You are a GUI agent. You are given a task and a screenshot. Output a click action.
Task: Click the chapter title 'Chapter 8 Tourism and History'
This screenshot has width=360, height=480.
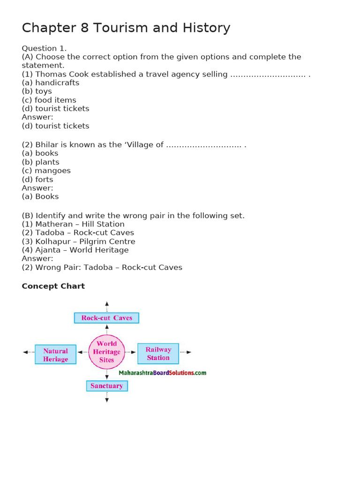point(126,28)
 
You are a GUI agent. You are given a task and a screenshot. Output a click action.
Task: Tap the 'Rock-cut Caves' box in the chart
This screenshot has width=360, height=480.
point(106,318)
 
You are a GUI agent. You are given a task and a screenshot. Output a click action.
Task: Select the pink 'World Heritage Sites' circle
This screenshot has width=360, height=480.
point(106,352)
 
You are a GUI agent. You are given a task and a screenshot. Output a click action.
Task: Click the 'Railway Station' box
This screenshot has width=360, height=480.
point(158,353)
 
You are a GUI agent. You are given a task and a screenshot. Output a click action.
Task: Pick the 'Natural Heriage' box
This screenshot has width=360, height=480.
point(55,354)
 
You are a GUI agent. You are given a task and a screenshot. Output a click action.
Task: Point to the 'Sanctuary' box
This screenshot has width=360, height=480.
point(107,386)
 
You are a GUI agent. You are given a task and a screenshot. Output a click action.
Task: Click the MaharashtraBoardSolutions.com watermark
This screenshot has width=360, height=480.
point(163,373)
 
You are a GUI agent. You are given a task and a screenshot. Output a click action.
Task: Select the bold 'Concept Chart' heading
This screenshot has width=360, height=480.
point(53,286)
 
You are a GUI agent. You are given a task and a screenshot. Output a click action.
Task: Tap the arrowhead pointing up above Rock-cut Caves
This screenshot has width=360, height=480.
point(107,304)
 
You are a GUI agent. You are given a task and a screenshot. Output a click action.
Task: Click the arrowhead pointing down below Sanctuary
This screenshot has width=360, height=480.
point(107,400)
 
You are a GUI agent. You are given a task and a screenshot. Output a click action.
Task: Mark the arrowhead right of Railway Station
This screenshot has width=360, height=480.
point(189,352)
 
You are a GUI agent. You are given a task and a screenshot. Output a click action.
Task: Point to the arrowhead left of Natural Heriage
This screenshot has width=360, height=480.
point(25,352)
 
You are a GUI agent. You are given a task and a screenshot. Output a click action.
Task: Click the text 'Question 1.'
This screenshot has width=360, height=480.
point(44,48)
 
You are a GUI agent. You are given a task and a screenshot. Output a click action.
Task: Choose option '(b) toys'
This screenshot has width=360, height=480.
point(37,91)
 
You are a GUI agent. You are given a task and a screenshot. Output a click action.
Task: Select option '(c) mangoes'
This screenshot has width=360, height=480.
point(46,171)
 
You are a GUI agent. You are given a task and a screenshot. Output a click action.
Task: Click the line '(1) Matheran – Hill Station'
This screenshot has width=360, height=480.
point(73,224)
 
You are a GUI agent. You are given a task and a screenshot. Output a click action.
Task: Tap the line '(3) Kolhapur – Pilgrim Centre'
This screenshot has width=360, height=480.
point(78,241)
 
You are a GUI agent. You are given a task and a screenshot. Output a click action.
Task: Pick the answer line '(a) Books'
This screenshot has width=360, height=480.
point(40,196)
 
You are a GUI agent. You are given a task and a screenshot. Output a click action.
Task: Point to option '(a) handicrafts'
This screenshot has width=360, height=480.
point(51,82)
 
